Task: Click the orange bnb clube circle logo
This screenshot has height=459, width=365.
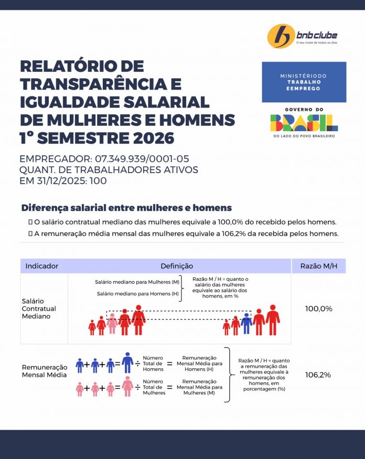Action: coord(280,36)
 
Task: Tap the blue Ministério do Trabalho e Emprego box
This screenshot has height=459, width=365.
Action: coord(304,82)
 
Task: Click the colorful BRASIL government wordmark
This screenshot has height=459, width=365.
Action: coord(304,122)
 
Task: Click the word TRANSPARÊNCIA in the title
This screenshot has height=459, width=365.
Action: coord(100,84)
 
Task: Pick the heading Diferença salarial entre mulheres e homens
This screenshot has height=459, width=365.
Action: coord(126,208)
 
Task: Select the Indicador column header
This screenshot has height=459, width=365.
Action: coord(42,266)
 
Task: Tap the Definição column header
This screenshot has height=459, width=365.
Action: coord(177,266)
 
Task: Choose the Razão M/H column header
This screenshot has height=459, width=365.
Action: coord(318,266)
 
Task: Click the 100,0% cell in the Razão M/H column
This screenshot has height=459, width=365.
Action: coord(318,308)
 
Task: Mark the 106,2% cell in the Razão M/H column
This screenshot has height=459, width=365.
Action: coord(318,375)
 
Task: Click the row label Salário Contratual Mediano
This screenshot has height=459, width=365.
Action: coord(39,308)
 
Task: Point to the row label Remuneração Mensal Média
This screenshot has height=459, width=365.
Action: coord(45,371)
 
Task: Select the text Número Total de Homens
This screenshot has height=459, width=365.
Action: coord(153,363)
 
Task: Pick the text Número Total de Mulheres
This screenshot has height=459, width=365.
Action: coord(154,387)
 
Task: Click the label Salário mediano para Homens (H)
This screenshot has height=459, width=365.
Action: coord(138,294)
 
